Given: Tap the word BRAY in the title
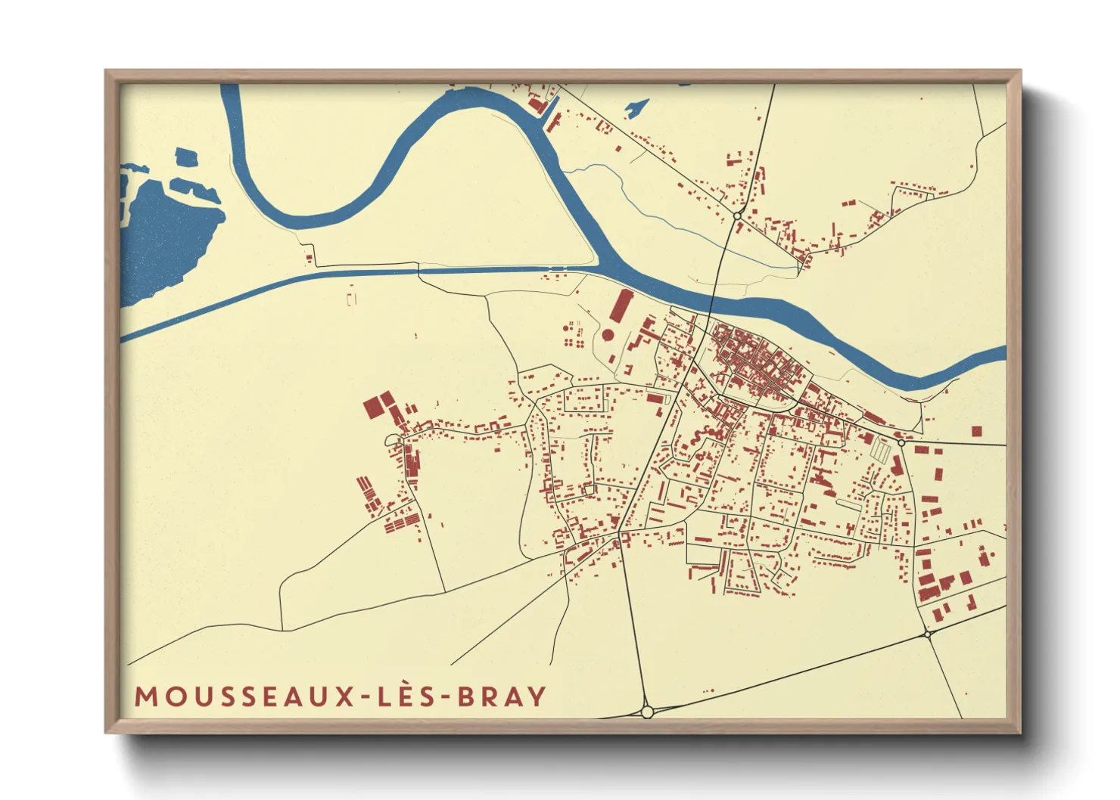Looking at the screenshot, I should click(x=502, y=696).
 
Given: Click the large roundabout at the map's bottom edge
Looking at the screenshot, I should click(x=647, y=712).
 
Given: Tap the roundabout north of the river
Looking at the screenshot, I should click(x=736, y=216).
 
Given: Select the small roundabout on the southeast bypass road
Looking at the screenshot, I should click(x=927, y=634).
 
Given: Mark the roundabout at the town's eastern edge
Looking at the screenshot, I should click(x=901, y=442).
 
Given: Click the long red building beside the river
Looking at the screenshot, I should click(x=620, y=306).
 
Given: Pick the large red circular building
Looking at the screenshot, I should click(x=608, y=334).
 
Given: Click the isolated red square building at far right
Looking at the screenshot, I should click(x=976, y=431).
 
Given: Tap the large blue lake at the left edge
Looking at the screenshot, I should click(x=163, y=234).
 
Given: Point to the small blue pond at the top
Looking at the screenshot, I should click(x=636, y=108).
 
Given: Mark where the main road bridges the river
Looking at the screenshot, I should click(x=715, y=297).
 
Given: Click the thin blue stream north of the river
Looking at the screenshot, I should click(x=666, y=219).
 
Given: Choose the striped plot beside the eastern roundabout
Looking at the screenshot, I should click(x=880, y=451).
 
